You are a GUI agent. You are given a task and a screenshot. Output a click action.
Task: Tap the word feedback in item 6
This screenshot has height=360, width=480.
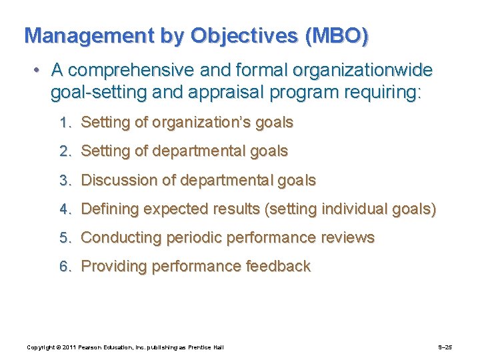coord(278,267)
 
